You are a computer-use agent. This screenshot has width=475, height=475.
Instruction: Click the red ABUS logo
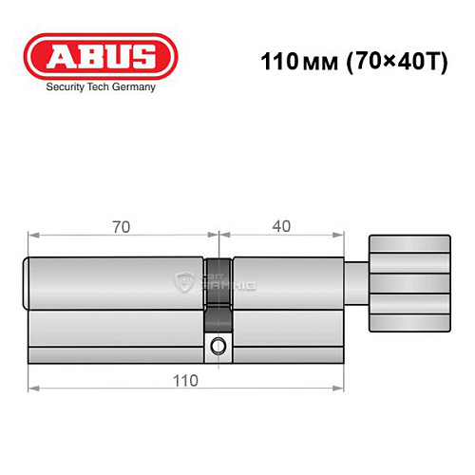coord(99,56)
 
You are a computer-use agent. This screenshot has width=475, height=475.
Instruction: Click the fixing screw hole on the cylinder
coord(220,345)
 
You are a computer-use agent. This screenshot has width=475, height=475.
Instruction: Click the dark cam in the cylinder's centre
coord(219,285)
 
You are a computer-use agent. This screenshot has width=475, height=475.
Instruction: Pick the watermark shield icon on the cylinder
coord(184,282)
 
